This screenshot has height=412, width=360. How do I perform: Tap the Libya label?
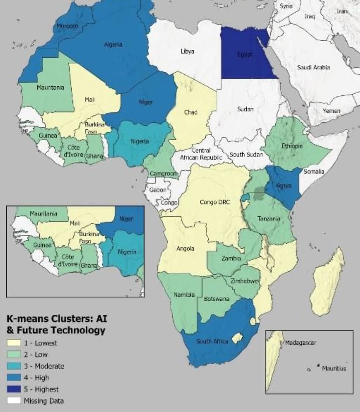pos(187,51)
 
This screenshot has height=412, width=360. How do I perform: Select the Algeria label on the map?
pos(113,44)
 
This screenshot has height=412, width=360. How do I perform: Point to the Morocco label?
pos(67,26)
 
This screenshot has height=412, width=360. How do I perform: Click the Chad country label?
pos(190,112)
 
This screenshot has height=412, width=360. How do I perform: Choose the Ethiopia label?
pos(292,146)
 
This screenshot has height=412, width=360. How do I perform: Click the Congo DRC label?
pos(214,202)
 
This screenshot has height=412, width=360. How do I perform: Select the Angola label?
pos(185,249)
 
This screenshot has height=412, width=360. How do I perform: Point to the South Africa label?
pos(212,341)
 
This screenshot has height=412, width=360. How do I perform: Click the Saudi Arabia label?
pos(313,67)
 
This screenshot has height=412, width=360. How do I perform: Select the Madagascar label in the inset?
pos(300,343)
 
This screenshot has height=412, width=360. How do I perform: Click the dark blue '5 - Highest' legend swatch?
pos(14,389)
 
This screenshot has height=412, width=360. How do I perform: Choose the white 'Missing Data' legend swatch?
pos(14,401)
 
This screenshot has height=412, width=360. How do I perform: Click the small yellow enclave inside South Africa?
pos(237,338)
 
